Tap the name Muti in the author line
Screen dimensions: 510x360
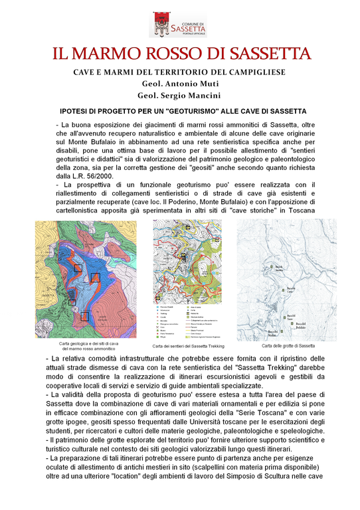click(x=205, y=84)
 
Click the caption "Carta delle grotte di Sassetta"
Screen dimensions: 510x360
click(x=288, y=346)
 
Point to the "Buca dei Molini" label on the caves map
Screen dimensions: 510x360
click(x=275, y=332)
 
